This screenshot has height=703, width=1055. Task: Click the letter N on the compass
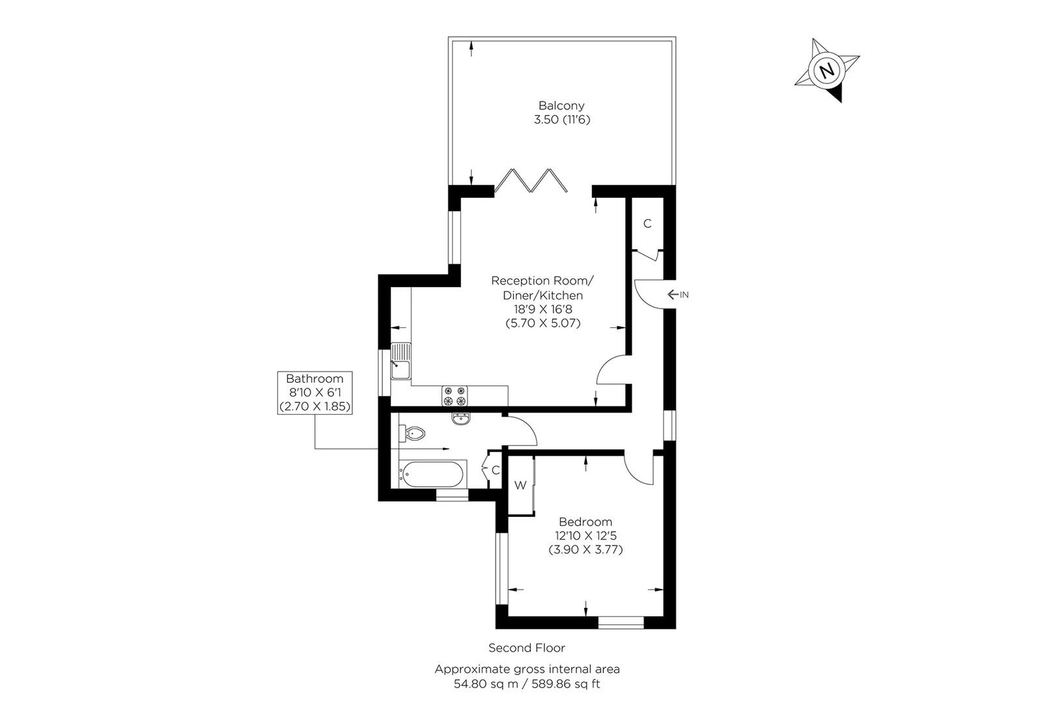827,70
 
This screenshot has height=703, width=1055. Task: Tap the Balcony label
561,105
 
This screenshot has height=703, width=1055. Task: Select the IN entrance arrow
677,295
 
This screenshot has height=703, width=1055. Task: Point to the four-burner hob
455,396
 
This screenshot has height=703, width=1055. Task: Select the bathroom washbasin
460,418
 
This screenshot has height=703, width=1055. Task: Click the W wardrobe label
520,486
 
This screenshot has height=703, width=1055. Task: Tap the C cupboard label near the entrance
647,224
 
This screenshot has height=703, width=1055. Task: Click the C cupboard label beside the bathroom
496,470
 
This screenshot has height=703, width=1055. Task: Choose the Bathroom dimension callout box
315,393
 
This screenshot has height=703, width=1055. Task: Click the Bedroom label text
585,522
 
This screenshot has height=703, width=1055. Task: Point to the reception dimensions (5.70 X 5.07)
542,323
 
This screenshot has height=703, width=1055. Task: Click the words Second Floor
527,648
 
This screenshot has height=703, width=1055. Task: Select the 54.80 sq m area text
480,683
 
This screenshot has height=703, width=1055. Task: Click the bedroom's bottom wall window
621,623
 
